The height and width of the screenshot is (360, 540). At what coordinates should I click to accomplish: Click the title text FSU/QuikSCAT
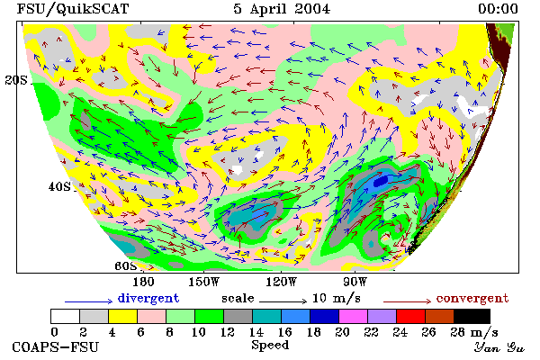click(x=73, y=9)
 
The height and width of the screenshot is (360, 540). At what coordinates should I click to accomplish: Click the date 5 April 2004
click(x=282, y=9)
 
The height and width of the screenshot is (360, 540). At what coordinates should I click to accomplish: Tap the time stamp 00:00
click(x=498, y=9)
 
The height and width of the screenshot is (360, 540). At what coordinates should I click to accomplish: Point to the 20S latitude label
click(x=16, y=80)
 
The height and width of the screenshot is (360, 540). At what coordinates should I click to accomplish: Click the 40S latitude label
click(x=59, y=186)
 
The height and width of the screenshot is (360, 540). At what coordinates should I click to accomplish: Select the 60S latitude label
click(x=126, y=266)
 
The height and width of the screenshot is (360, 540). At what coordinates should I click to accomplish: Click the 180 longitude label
click(x=144, y=282)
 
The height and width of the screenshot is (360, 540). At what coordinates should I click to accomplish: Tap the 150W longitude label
click(x=204, y=282)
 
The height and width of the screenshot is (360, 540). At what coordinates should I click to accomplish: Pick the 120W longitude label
click(x=282, y=282)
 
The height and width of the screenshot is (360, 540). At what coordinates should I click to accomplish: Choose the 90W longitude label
click(x=355, y=282)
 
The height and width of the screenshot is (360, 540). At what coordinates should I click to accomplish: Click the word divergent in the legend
click(x=148, y=298)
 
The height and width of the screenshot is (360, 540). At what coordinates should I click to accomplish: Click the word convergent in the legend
click(x=472, y=298)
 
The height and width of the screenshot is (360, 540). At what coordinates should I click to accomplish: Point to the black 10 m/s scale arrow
click(x=283, y=301)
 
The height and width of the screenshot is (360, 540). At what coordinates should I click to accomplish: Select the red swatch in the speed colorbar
click(x=410, y=316)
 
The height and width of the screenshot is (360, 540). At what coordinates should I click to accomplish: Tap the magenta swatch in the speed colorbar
click(x=353, y=316)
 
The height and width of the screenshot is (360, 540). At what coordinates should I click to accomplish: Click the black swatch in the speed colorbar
click(x=472, y=316)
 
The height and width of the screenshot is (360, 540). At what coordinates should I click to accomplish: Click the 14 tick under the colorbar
click(x=256, y=332)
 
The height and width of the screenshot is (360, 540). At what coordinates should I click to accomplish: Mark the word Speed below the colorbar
click(x=270, y=346)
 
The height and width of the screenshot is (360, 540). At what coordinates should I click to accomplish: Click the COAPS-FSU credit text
click(x=56, y=346)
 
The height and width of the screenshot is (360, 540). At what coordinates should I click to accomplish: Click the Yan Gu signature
click(x=499, y=347)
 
